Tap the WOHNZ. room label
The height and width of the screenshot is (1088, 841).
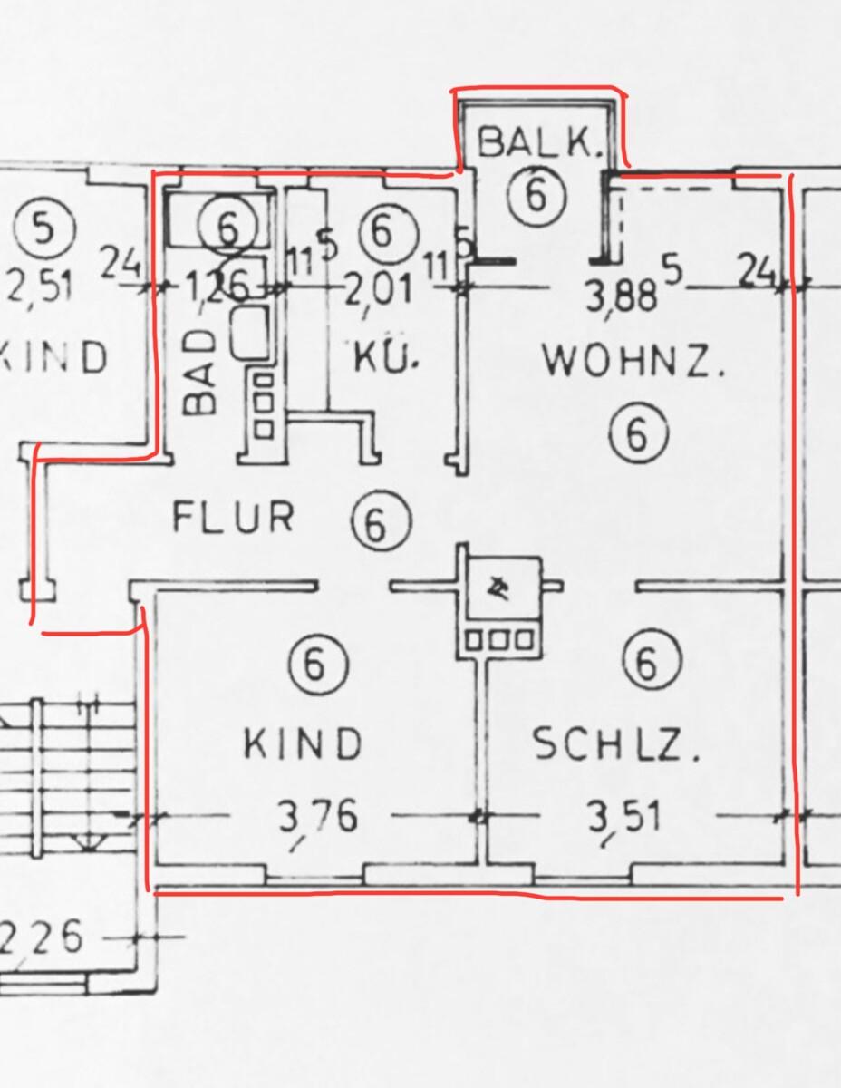point(633,362)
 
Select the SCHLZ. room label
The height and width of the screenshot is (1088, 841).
point(617,745)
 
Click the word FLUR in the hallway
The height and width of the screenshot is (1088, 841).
point(234,518)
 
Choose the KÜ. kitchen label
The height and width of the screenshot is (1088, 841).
point(387,359)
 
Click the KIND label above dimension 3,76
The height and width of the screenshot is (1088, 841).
point(304,743)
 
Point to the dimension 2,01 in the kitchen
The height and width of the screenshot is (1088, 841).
point(378,291)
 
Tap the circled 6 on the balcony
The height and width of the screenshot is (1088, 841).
point(536,194)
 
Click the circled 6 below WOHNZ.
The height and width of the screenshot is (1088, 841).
point(638,432)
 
